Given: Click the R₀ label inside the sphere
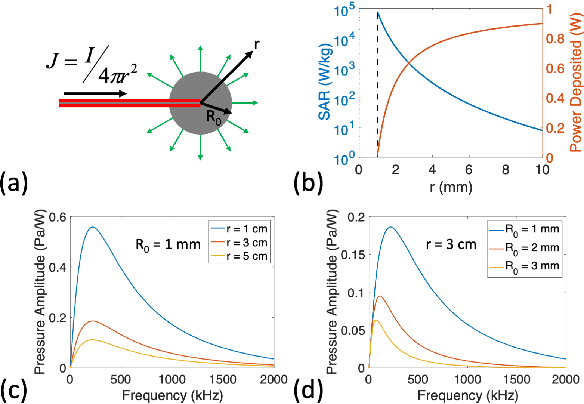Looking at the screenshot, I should tap(213, 117).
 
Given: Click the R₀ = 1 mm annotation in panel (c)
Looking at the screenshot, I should tap(168, 245).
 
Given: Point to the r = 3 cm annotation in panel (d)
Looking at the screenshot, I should tap(451, 245).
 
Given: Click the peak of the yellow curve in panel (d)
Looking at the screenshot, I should tap(376, 320).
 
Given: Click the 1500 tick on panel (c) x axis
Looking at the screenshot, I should tap(223, 380).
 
